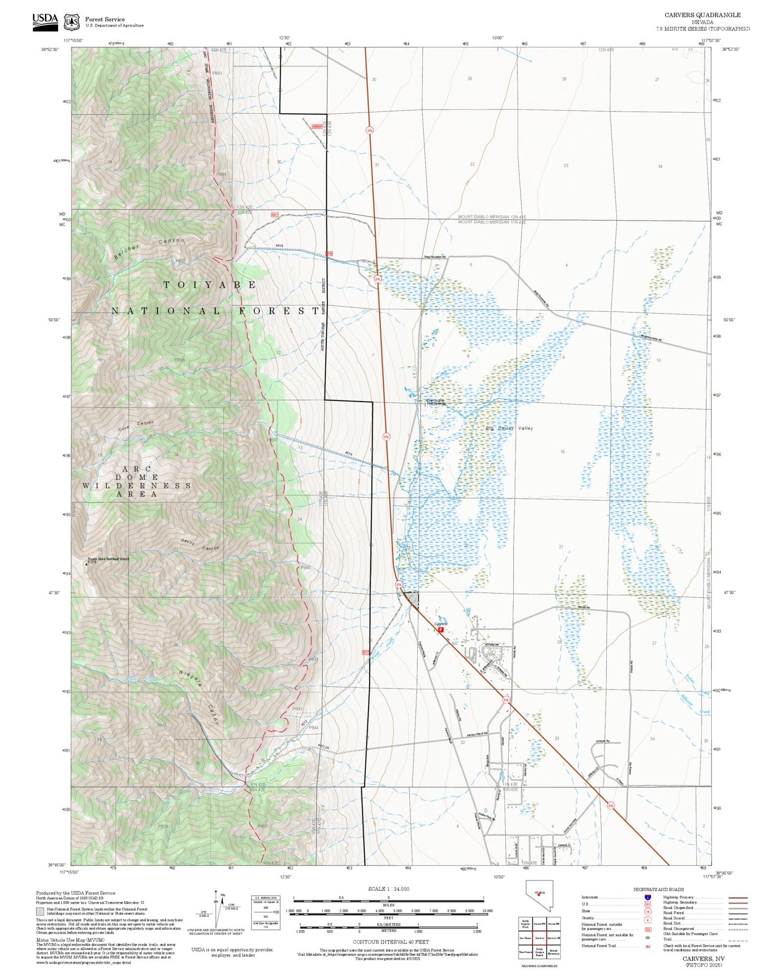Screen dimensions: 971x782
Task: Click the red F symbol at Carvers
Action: (x=441, y=629)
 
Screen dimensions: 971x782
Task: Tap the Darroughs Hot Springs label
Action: (x=436, y=402)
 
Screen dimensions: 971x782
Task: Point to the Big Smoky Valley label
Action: (x=509, y=428)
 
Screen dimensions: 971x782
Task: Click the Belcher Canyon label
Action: (x=149, y=249)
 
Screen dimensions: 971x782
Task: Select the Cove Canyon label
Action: (x=136, y=426)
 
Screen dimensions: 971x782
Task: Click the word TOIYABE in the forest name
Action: (x=209, y=285)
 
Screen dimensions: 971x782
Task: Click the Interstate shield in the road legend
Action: (x=647, y=897)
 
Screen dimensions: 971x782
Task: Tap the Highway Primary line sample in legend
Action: (x=738, y=897)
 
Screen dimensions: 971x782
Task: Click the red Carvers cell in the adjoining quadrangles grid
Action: (x=539, y=937)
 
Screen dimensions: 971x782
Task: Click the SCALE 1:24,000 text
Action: (x=388, y=889)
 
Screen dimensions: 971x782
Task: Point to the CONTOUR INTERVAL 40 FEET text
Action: (x=390, y=942)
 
